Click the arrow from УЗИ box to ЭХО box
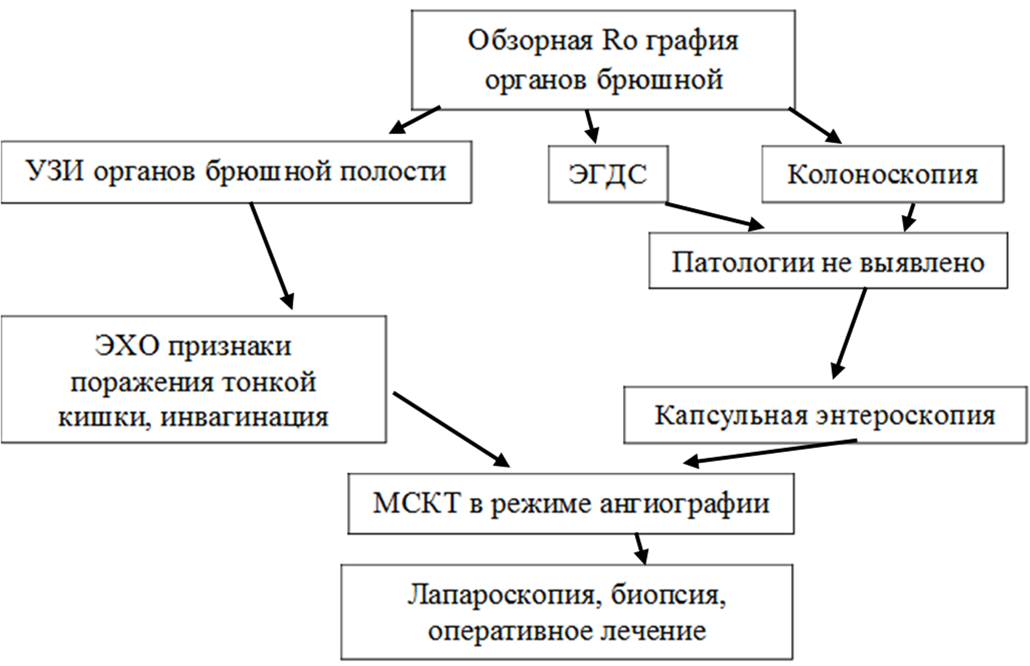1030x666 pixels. click(271, 255)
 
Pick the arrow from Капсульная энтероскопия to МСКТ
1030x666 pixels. click(770, 452)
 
